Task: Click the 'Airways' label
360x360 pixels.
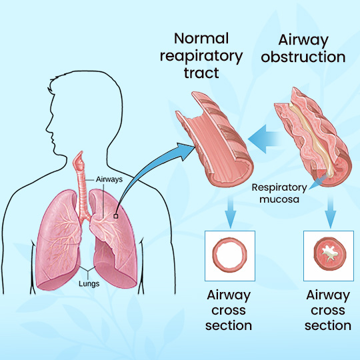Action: click(x=109, y=179)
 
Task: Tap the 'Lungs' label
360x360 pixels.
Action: click(x=89, y=284)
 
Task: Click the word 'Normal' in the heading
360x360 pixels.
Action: click(x=201, y=39)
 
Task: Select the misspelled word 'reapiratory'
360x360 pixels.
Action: click(x=201, y=57)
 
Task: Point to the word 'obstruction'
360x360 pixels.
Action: click(x=303, y=57)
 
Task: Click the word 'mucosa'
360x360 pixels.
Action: click(x=279, y=199)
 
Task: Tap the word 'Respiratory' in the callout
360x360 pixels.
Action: click(x=279, y=188)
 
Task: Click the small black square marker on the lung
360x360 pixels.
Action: click(x=116, y=216)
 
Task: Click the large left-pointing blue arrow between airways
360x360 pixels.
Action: click(x=264, y=139)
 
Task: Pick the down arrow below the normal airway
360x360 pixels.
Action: click(x=230, y=212)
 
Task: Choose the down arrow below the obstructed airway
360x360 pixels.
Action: click(x=331, y=212)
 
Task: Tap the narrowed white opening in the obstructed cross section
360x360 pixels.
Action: click(x=329, y=253)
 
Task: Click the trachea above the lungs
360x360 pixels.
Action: click(x=82, y=193)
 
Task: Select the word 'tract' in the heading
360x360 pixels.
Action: click(x=201, y=73)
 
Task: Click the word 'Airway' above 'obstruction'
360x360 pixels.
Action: click(x=303, y=41)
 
